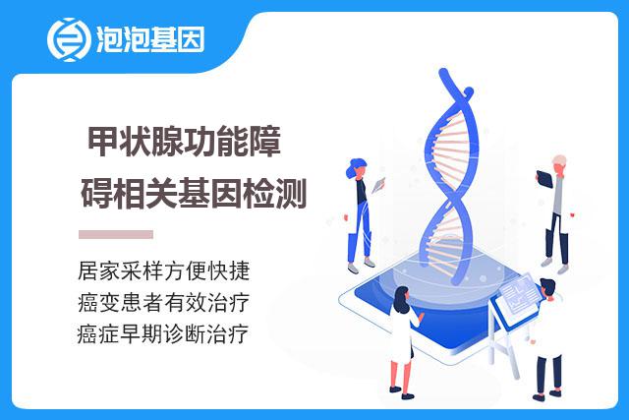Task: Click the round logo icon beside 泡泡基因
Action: [x=68, y=39]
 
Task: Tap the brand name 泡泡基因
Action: [x=150, y=39]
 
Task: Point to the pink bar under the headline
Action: [x=116, y=234]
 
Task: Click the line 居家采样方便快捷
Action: [x=164, y=270]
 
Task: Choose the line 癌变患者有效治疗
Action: [x=164, y=302]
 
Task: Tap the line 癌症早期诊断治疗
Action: [x=164, y=333]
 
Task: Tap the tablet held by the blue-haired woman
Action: [x=378, y=185]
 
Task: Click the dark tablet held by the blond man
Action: [x=544, y=179]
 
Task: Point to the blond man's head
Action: [x=559, y=164]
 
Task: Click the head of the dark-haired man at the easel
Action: [x=547, y=289]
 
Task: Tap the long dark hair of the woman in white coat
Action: [x=400, y=299]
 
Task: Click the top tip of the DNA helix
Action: [x=442, y=72]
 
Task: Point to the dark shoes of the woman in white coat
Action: [x=402, y=392]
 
